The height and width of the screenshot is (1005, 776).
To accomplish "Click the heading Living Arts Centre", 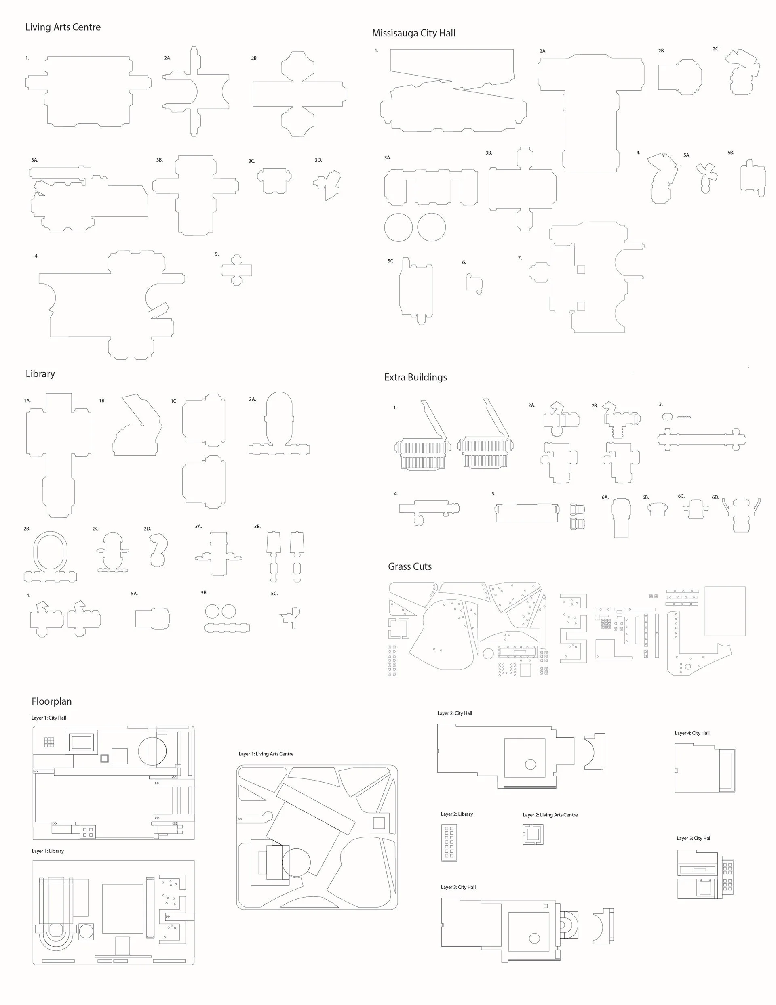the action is [63, 27].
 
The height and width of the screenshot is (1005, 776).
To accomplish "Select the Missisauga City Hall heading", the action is [413, 33].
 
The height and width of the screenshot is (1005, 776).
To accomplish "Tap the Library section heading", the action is [40, 373].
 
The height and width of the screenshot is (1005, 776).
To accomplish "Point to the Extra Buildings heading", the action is [415, 378].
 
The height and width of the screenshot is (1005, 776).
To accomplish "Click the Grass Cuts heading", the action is [409, 566].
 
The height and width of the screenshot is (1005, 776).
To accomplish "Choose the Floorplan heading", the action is [52, 701].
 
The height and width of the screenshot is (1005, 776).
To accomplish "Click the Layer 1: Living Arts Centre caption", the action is [266, 754].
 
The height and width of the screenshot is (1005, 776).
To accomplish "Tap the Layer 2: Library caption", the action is [456, 814].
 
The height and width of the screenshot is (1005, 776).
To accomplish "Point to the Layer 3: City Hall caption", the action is [458, 887].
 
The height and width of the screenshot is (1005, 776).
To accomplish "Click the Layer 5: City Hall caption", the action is [694, 838].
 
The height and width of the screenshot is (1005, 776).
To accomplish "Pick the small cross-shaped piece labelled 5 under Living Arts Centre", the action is [236, 270].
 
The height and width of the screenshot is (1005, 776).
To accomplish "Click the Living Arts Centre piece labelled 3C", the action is [274, 180].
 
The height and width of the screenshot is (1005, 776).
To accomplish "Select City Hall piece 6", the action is [474, 283].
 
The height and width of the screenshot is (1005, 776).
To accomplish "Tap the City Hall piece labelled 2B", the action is [679, 77].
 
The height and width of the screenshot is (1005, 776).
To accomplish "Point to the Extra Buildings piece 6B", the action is [657, 510].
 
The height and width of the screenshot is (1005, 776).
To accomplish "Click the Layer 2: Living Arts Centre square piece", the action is [533, 834].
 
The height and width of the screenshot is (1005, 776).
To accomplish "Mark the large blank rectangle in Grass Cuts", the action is [725, 611].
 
